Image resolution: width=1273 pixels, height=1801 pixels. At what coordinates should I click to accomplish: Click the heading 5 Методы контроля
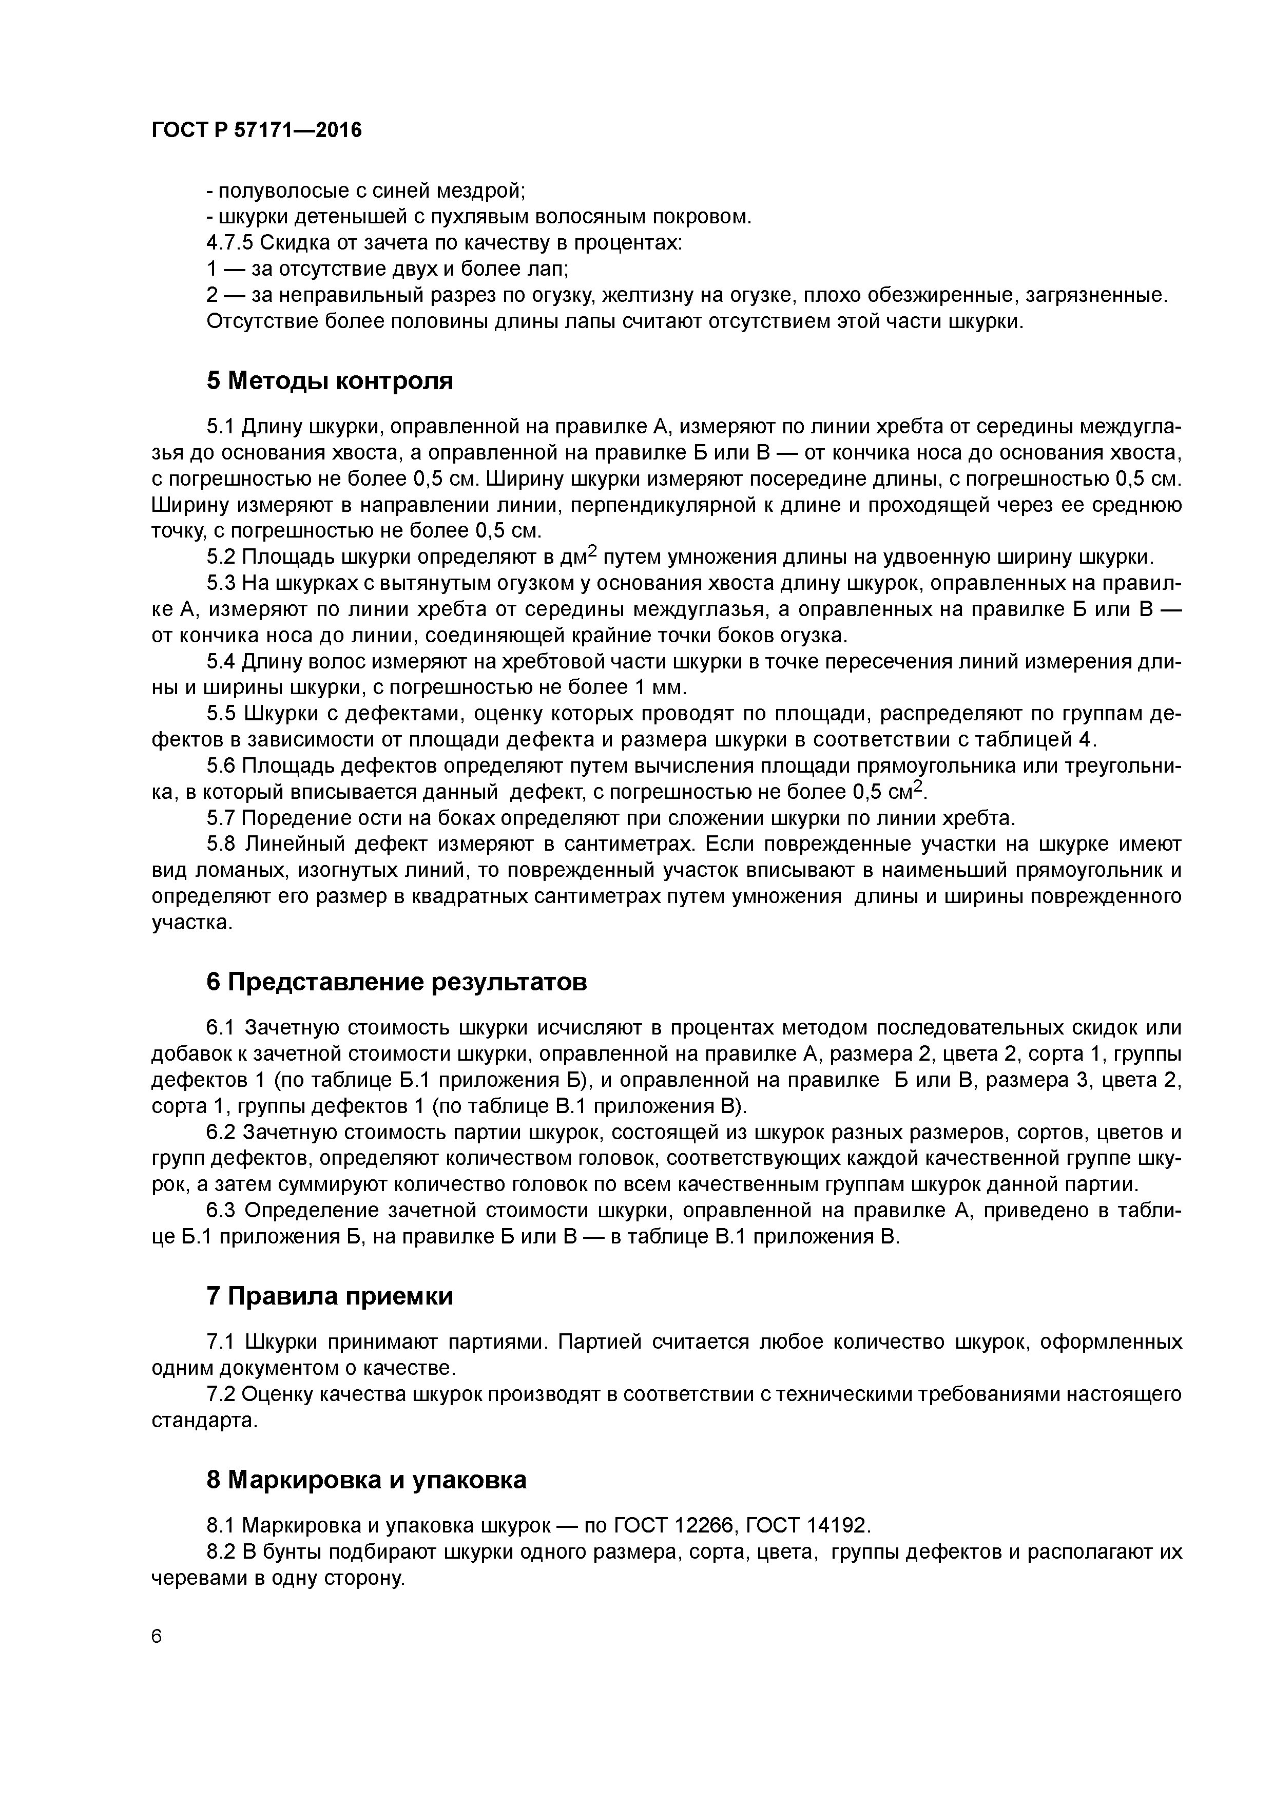[330, 381]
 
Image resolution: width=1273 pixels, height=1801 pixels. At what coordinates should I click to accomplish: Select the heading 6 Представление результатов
[396, 982]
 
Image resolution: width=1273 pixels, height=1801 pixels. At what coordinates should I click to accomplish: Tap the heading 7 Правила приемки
[330, 1297]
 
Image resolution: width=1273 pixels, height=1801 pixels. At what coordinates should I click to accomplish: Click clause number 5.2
[221, 558]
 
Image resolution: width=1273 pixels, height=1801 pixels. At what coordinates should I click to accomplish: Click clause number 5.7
[221, 819]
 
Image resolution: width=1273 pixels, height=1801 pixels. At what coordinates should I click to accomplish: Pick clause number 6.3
[221, 1211]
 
